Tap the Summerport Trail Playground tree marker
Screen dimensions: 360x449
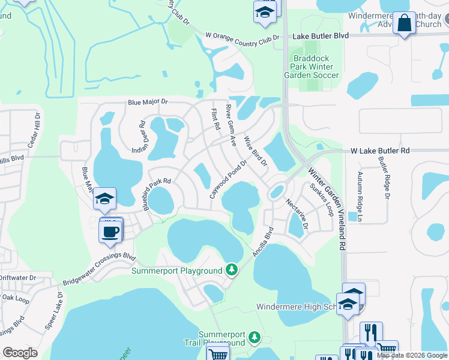click(255, 338)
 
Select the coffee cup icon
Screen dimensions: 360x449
click(110, 232)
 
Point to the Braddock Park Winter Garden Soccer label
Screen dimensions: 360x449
click(312, 67)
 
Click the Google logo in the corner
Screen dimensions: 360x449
click(20, 353)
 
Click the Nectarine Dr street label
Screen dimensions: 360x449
click(297, 214)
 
